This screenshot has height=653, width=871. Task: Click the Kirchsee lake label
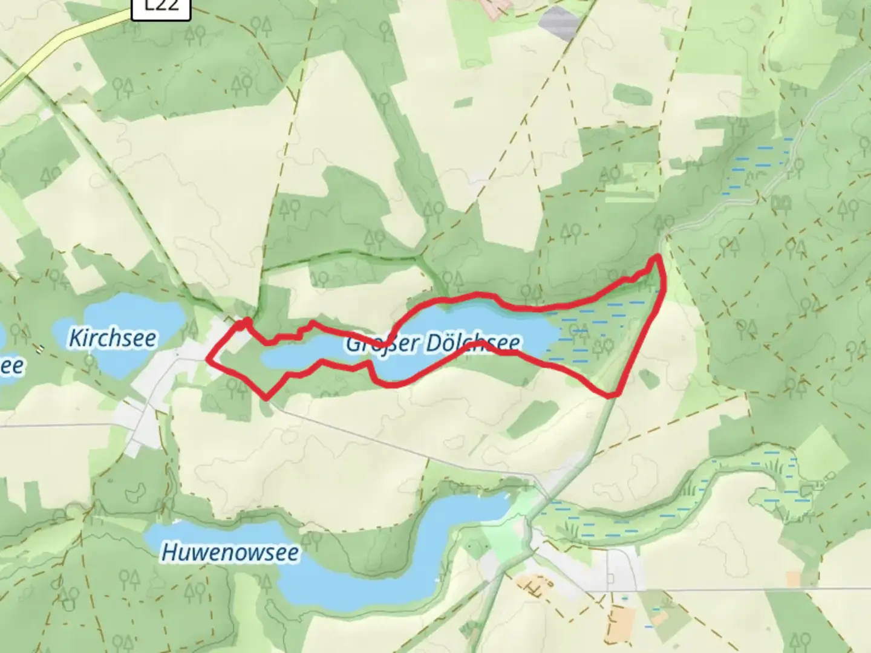pyautogui.click(x=113, y=337)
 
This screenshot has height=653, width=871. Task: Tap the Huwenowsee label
pyautogui.click(x=230, y=552)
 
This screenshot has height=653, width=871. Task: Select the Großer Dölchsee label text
pyautogui.click(x=432, y=343)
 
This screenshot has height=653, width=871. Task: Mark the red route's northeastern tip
pyautogui.click(x=656, y=258)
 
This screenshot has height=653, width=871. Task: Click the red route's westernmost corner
pyautogui.click(x=209, y=359)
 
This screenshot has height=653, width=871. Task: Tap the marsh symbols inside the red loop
pyautogui.click(x=581, y=339)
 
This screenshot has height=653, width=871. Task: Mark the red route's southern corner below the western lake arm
pyautogui.click(x=266, y=398)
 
